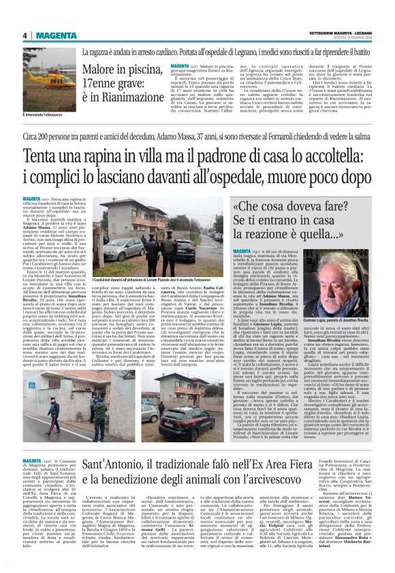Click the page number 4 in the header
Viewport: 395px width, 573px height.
24,35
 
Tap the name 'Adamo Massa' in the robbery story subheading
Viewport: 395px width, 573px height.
202,137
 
